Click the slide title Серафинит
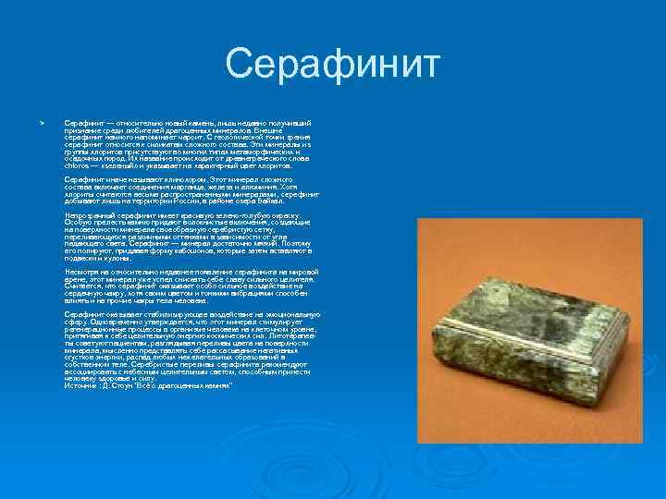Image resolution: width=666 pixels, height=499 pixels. tap(333, 66)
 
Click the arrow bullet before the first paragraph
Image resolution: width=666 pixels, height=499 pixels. tap(40, 122)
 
